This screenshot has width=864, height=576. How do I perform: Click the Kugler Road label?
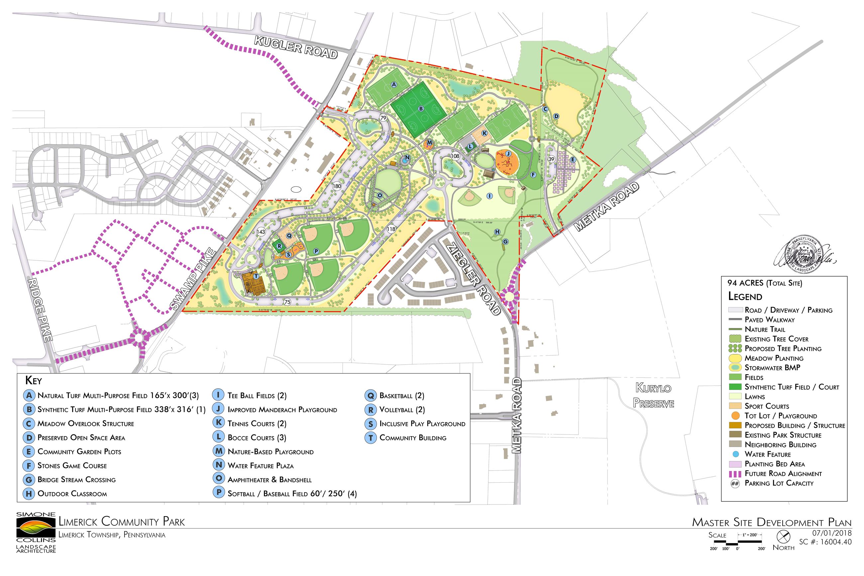click(296, 48)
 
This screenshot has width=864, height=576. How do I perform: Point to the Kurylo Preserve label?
click(654, 395)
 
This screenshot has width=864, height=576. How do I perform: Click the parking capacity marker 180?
click(336, 186)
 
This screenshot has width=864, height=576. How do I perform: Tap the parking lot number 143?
click(261, 232)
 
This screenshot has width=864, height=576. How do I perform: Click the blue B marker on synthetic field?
click(421, 108)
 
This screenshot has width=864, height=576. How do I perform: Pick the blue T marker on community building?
click(256, 276)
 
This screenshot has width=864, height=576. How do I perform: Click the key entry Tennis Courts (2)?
click(257, 423)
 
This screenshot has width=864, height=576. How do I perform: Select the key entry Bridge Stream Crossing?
click(76, 480)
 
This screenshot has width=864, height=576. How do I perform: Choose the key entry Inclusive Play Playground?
click(422, 424)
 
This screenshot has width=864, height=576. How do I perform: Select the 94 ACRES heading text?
click(765, 283)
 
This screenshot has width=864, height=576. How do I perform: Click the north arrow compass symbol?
click(783, 537)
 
